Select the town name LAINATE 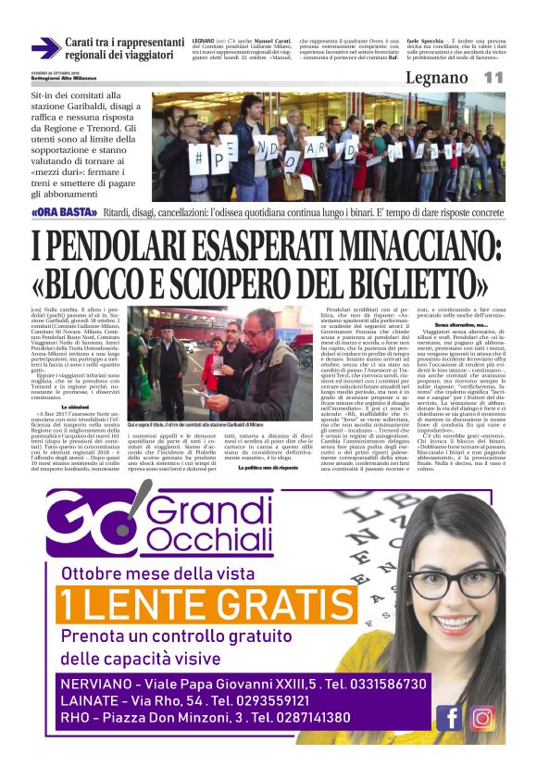[x=94, y=699]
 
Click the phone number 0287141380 [x=302, y=717]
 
